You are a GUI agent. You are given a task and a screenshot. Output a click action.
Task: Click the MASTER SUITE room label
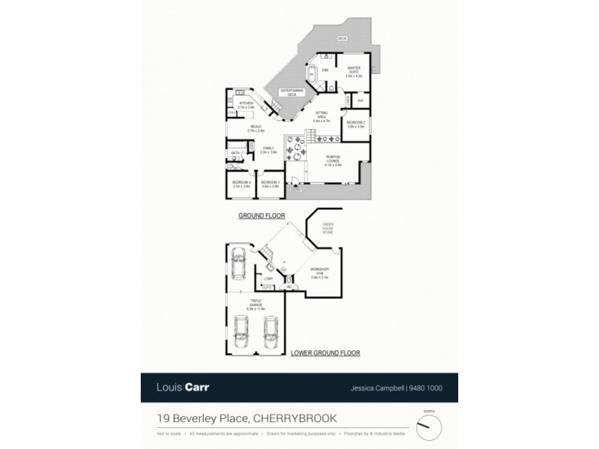(354, 71)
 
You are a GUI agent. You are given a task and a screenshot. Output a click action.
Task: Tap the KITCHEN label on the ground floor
(246, 106)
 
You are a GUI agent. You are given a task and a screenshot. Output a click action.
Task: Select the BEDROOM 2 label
(356, 123)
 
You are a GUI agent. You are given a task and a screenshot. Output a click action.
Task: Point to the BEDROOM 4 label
(240, 183)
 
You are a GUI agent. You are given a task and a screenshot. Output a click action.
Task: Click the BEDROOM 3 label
(270, 183)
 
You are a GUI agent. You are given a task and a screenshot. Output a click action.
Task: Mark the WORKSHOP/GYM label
(320, 274)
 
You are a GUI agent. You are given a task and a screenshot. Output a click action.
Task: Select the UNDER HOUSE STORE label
(328, 228)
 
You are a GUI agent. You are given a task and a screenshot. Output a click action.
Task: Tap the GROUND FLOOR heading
(262, 215)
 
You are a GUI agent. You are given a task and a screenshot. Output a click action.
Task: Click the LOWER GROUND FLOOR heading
(325, 352)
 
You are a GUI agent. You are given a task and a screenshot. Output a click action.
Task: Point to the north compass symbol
(428, 427)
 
